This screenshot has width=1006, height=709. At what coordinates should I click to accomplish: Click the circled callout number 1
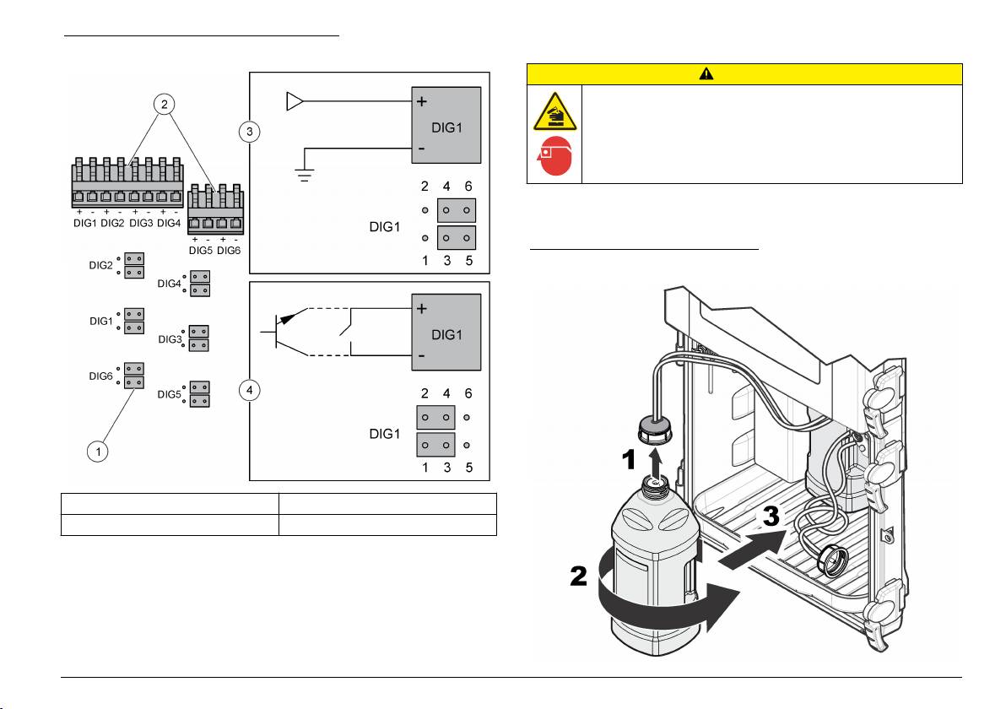point(99,451)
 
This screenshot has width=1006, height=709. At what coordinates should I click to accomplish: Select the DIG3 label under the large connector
point(141,223)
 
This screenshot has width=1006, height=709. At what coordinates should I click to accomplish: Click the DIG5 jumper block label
point(170,394)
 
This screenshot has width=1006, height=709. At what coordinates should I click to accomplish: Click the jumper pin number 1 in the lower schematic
point(425,468)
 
